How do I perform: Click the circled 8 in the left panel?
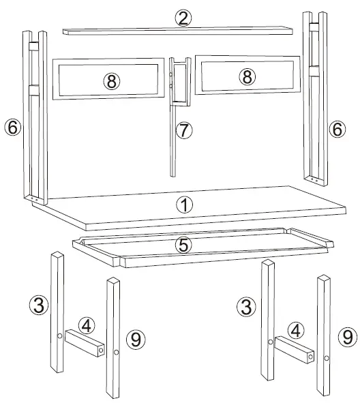[x=111, y=80]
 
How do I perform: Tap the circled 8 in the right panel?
[x=247, y=76]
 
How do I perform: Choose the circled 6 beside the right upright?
[x=337, y=128]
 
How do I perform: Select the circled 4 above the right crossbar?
[x=295, y=330]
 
